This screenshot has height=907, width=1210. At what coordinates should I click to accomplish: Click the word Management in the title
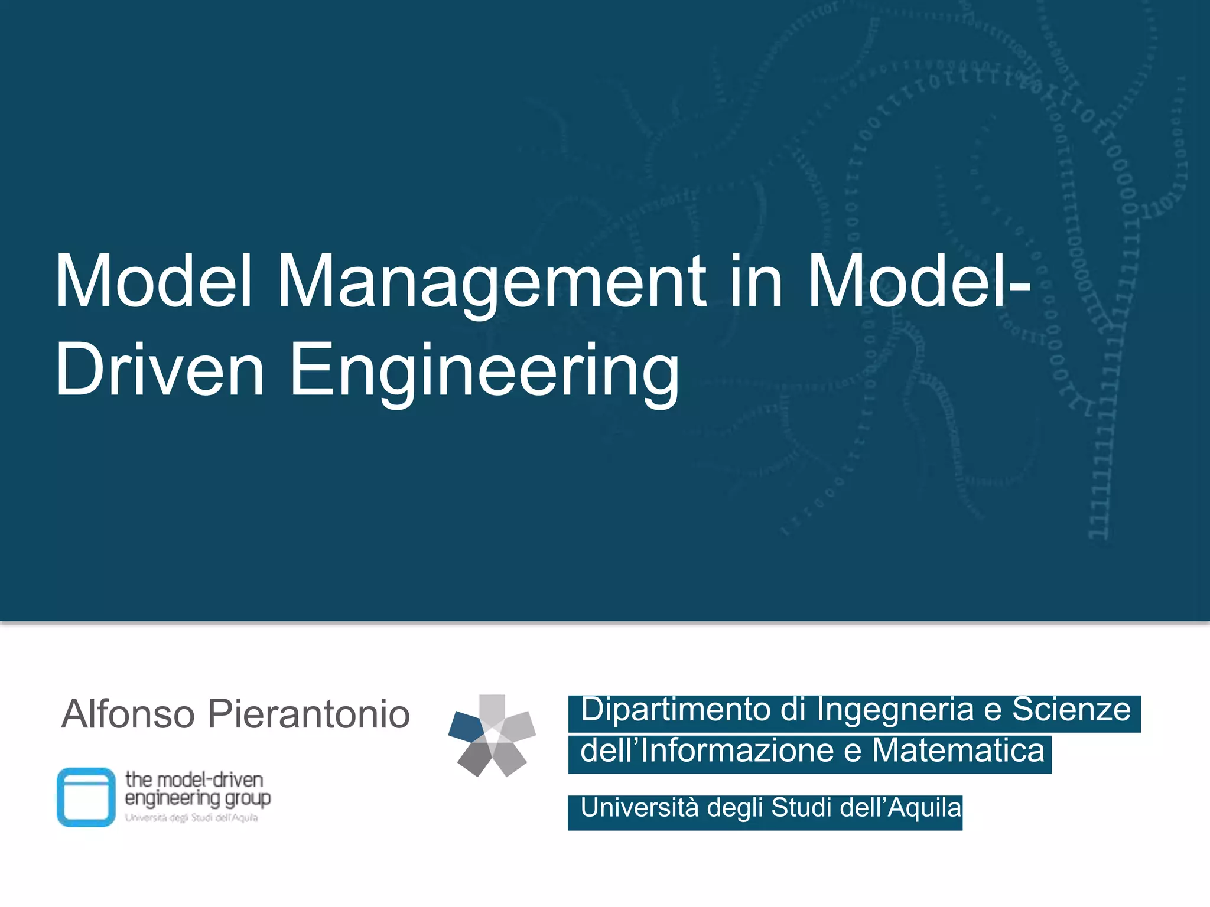click(491, 282)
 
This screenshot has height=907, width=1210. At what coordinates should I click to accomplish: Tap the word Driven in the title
click(160, 370)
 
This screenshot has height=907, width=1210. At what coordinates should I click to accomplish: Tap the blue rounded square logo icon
click(86, 797)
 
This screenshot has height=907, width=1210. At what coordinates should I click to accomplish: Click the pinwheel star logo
click(492, 735)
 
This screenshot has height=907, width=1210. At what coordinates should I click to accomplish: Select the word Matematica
click(958, 751)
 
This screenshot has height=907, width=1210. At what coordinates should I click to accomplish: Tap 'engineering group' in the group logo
click(198, 799)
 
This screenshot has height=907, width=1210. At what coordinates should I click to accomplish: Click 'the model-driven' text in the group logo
click(194, 779)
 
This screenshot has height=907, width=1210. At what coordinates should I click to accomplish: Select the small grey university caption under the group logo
click(191, 818)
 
